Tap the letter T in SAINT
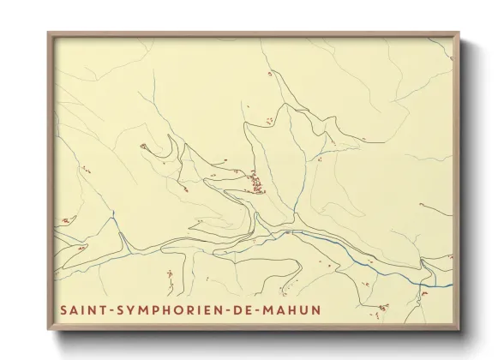pos(101,309)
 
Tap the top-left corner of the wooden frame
pos(48,33)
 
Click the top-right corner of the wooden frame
pos(459,33)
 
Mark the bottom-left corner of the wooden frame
pos(48,330)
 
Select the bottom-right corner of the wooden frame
pos(459,330)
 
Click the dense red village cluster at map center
pos(255,182)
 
